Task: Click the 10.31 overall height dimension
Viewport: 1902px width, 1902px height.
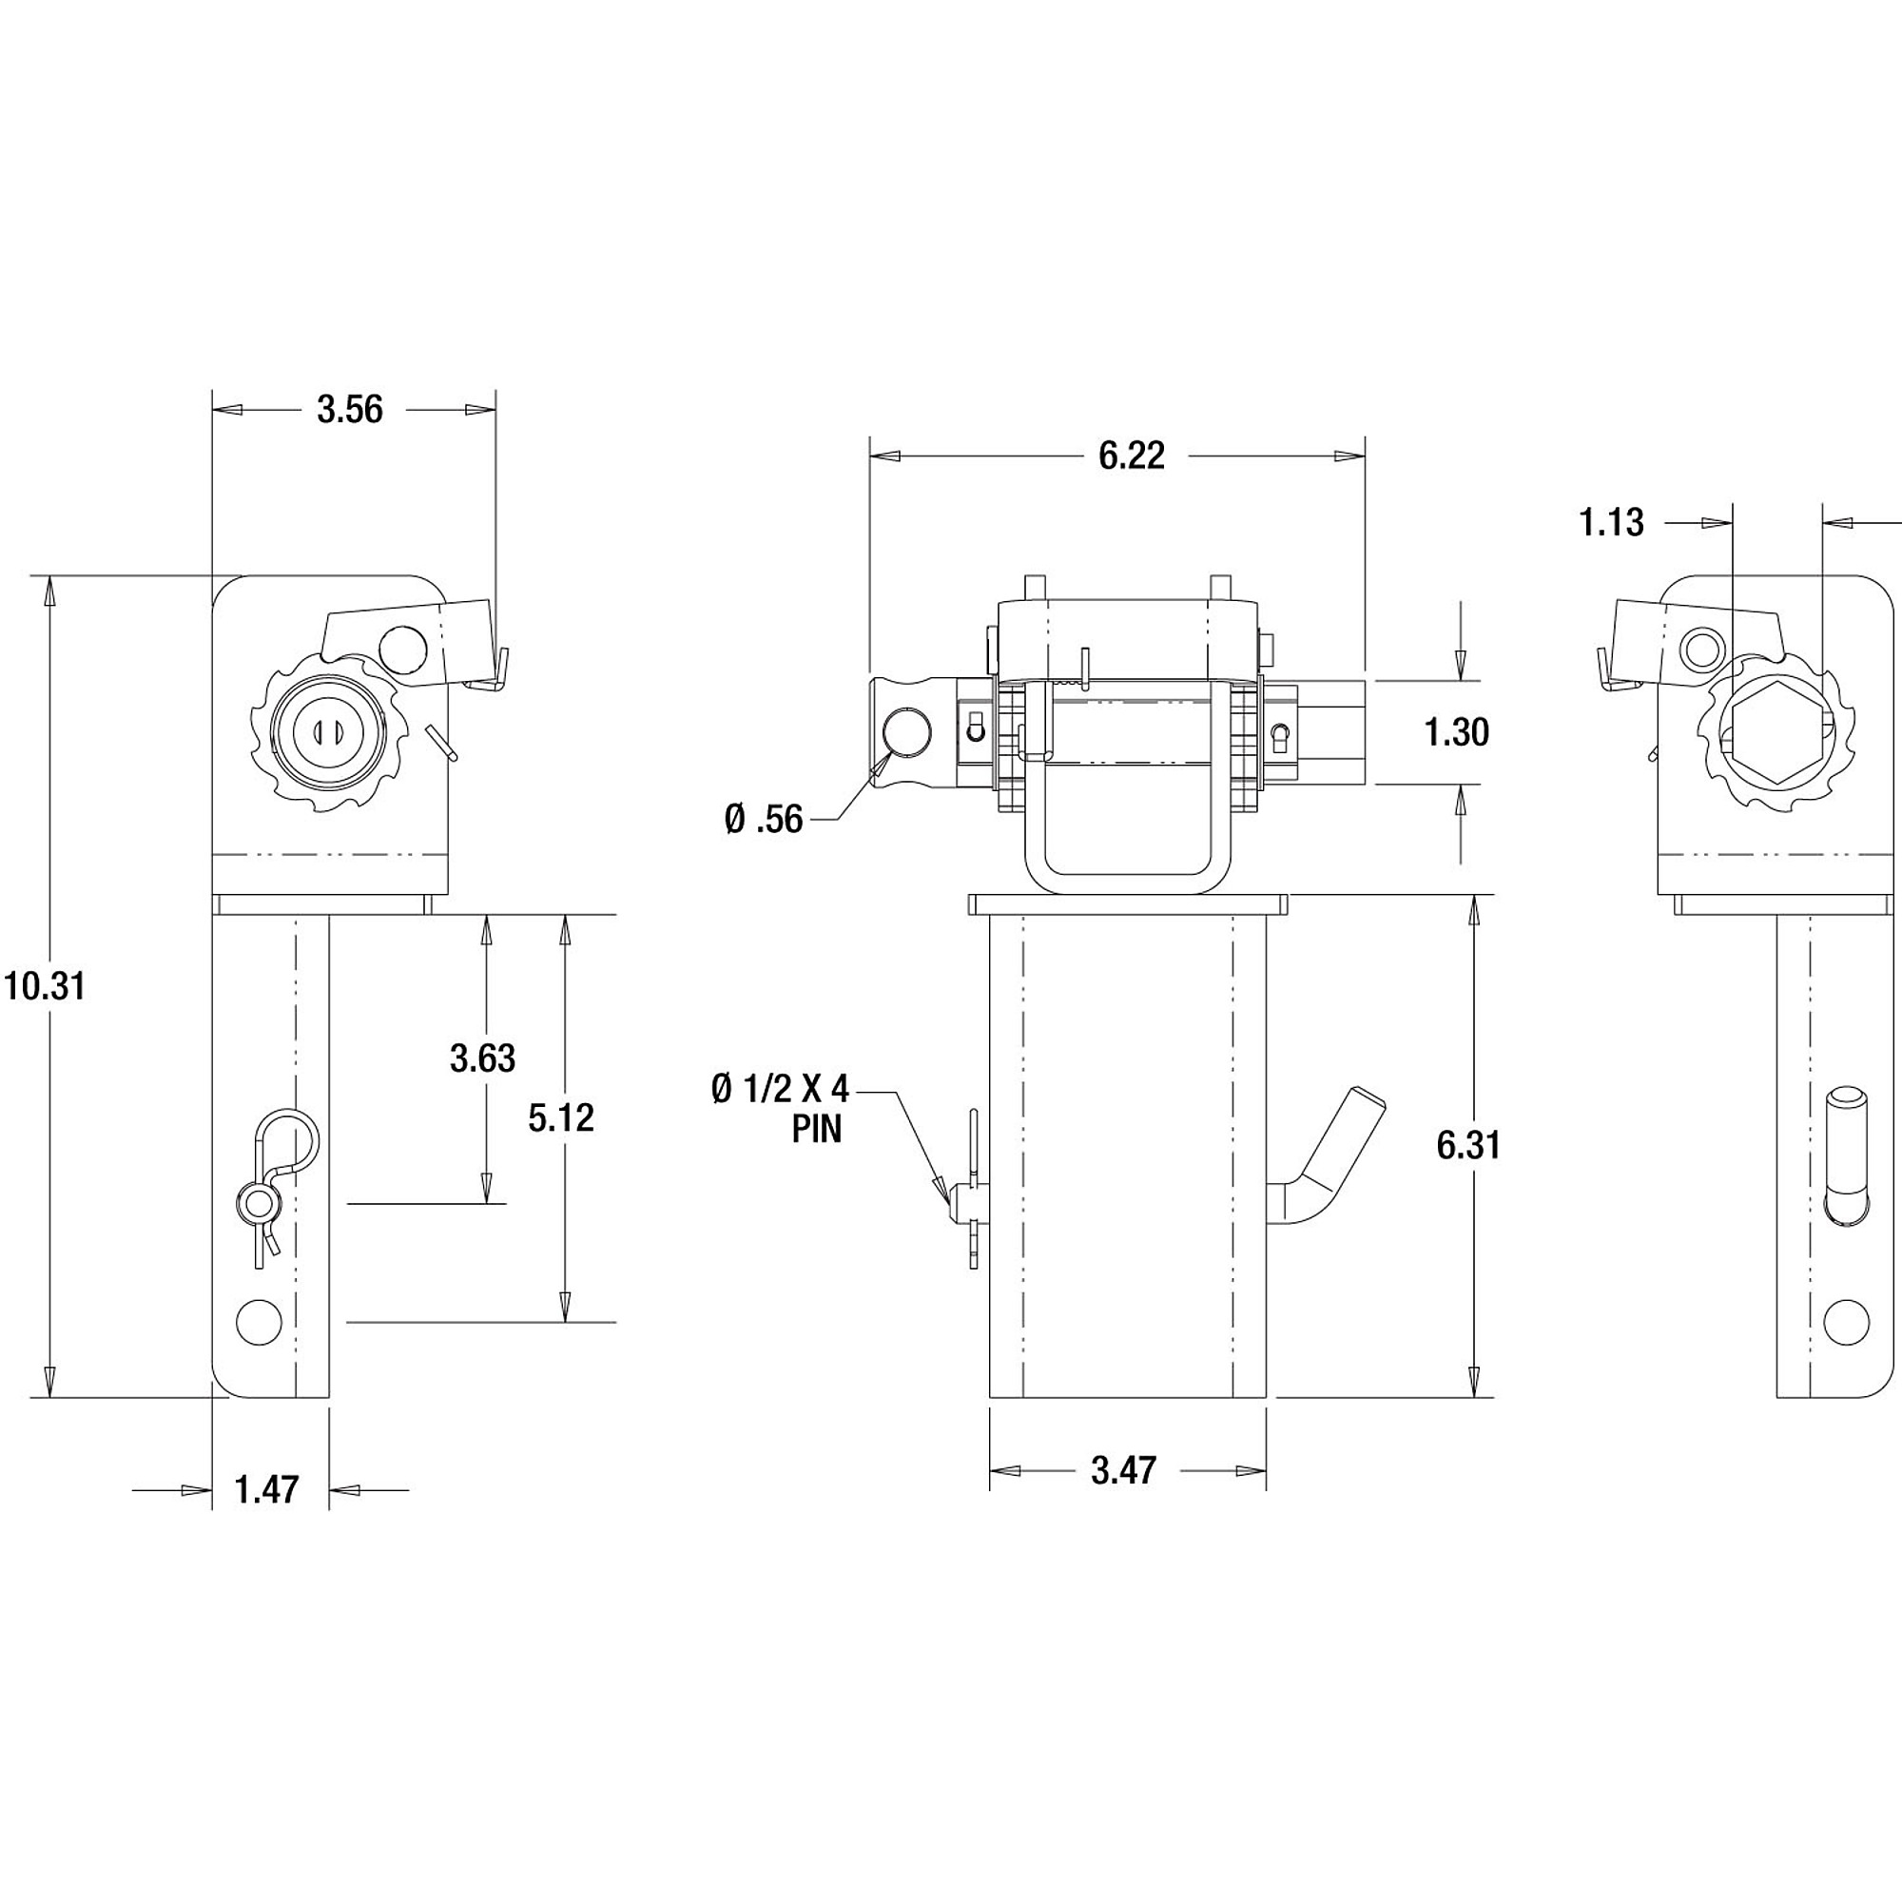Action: coord(45,985)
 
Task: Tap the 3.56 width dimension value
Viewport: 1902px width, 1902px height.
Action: coord(349,410)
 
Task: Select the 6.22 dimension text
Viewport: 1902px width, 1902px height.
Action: coord(1131,455)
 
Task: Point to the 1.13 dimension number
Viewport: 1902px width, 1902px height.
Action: coord(1612,523)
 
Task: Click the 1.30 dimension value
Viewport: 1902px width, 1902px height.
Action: coord(1457,732)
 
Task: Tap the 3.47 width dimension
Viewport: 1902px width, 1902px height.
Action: coord(1123,1471)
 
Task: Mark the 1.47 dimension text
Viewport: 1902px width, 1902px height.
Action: coord(267,1489)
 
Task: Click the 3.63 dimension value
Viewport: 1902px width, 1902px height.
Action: coord(482,1058)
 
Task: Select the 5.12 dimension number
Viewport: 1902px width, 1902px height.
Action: coord(561,1118)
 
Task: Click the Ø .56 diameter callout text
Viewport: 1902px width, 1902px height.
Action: coord(764,819)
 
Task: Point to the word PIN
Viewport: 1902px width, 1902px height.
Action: coord(817,1129)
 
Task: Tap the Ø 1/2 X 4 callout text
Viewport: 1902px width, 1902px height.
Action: coord(780,1090)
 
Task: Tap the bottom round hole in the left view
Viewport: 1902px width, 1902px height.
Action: coord(259,1320)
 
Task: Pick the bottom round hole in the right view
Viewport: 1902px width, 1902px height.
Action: coord(1846,1320)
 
